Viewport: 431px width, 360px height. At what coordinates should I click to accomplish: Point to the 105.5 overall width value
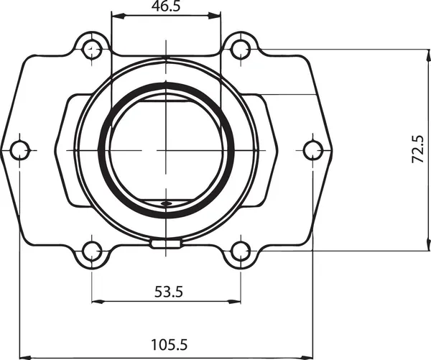(x=168, y=345)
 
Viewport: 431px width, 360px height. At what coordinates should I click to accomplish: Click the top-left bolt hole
(x=91, y=49)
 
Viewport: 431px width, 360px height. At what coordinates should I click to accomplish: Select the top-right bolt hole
(x=241, y=49)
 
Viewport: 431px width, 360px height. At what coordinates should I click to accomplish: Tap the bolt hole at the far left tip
(x=19, y=150)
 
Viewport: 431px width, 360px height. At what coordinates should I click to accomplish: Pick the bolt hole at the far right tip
(x=312, y=150)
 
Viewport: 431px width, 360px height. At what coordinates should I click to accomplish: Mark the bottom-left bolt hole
(x=91, y=251)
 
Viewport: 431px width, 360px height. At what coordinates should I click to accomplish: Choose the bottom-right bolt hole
(x=241, y=251)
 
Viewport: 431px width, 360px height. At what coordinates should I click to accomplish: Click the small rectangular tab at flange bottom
(x=166, y=244)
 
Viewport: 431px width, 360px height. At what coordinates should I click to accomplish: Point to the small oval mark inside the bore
(x=166, y=204)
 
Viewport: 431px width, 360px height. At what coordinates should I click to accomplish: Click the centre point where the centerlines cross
(x=166, y=150)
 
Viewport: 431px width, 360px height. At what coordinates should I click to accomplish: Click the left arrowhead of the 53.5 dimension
(x=96, y=300)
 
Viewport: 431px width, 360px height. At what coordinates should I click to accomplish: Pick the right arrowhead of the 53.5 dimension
(x=236, y=300)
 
